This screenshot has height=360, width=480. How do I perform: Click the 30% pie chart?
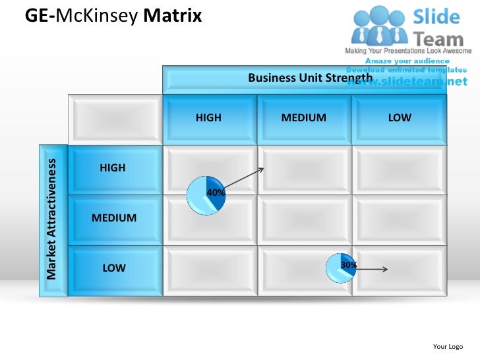click(342, 268)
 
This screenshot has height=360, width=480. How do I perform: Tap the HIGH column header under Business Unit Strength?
click(208, 118)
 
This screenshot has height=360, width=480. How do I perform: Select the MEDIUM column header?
click(303, 118)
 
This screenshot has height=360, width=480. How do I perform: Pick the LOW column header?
click(399, 118)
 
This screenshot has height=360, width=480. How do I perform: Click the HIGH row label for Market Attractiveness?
click(113, 168)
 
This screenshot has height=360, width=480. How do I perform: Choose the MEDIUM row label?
click(114, 218)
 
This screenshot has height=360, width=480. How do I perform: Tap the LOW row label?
click(113, 268)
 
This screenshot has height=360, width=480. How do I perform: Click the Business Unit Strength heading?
click(310, 78)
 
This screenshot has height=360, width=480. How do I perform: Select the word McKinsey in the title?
click(97, 15)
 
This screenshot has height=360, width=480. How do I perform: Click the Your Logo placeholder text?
click(448, 346)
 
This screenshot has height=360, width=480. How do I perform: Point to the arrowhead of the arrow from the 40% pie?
click(262, 169)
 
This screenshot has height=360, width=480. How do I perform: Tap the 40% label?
click(216, 193)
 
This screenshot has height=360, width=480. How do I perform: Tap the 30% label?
click(349, 265)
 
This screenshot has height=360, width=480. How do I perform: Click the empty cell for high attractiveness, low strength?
click(399, 169)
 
